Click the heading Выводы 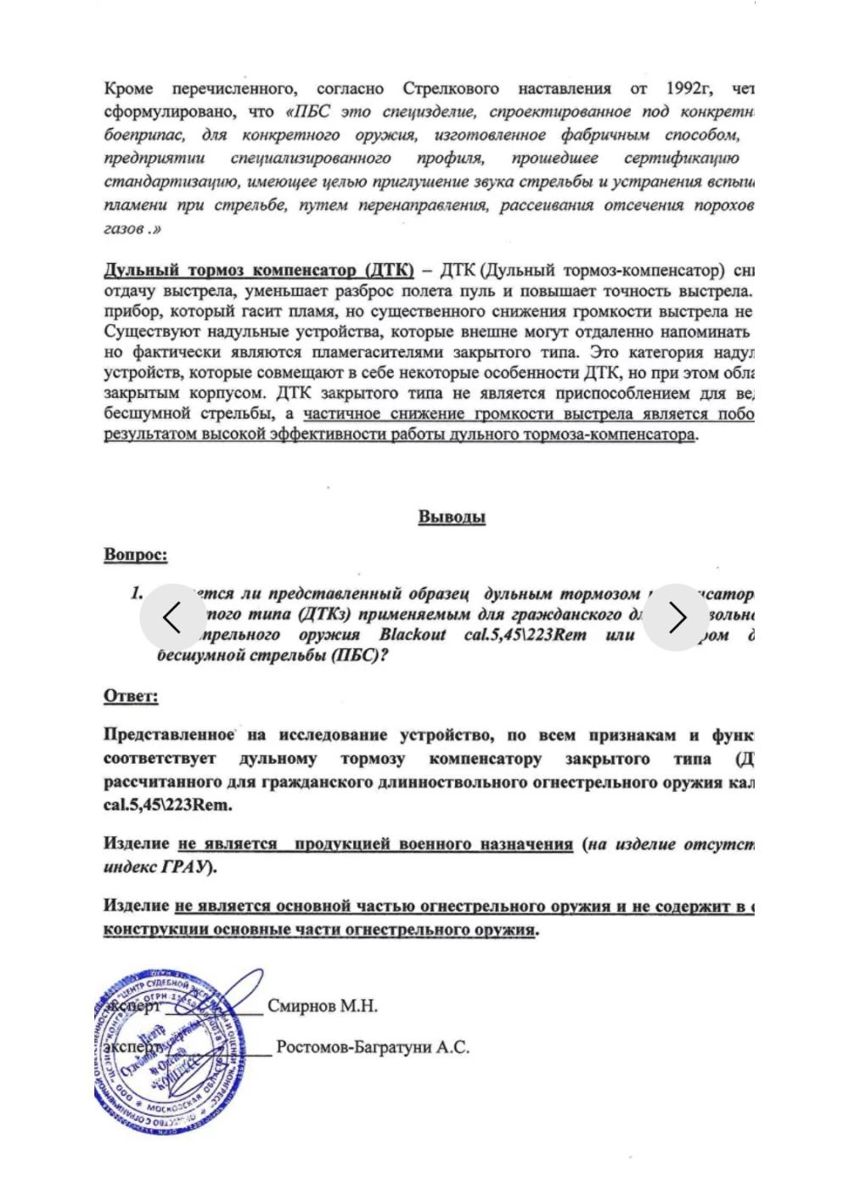pyautogui.click(x=451, y=517)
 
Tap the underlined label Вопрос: pyautogui.click(x=135, y=554)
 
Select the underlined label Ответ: pyautogui.click(x=131, y=696)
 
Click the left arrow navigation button pyautogui.click(x=172, y=618)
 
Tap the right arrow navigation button pyautogui.click(x=676, y=618)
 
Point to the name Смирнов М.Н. pyautogui.click(x=322, y=1006)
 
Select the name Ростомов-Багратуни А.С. pyautogui.click(x=372, y=1047)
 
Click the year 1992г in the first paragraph pyautogui.click(x=689, y=88)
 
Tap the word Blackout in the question pyautogui.click(x=412, y=635)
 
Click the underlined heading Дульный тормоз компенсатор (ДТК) pyautogui.click(x=258, y=271)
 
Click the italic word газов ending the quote pyautogui.click(x=124, y=228)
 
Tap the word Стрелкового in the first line pyautogui.click(x=450, y=88)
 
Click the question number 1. pyautogui.click(x=137, y=593)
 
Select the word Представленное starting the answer pyautogui.click(x=169, y=735)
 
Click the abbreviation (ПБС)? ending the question pyautogui.click(x=357, y=655)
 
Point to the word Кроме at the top pyautogui.click(x=129, y=88)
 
